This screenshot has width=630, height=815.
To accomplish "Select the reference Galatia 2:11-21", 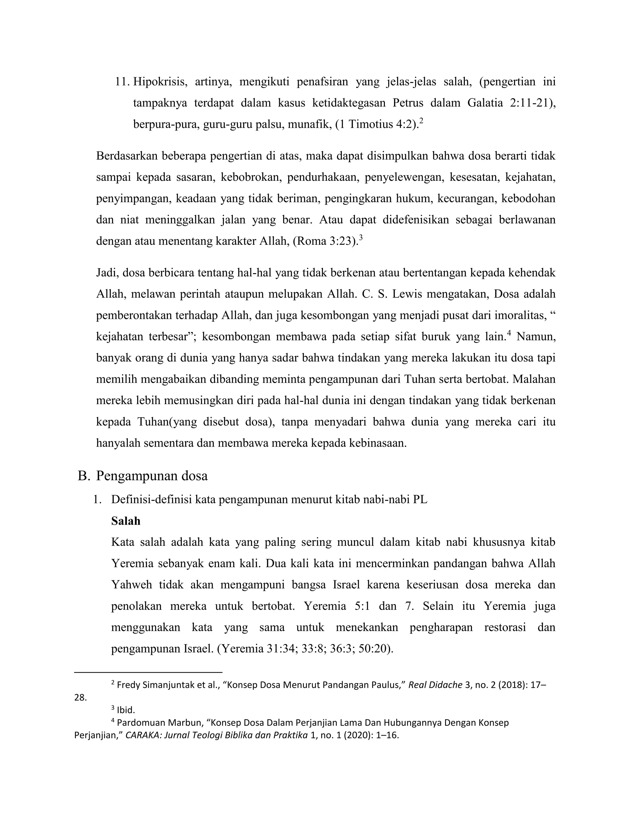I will [511, 103].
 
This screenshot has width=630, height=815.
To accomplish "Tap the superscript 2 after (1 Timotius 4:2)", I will [421, 121].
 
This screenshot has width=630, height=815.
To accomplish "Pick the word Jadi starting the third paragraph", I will [106, 273].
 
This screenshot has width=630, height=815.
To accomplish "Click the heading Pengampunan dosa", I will [152, 476].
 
